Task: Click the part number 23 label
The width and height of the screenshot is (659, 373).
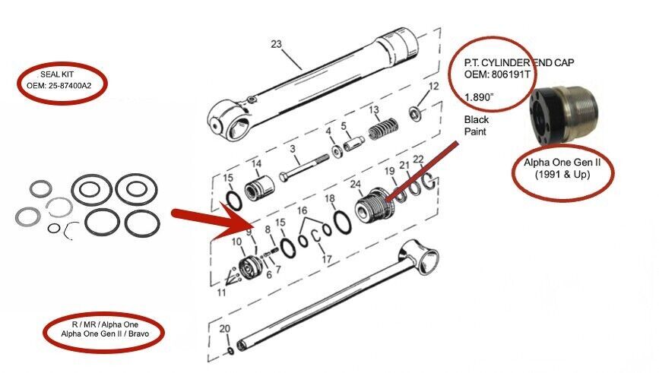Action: click(276, 44)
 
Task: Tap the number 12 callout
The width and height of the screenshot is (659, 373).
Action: click(434, 86)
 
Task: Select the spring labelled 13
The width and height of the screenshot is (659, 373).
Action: click(383, 131)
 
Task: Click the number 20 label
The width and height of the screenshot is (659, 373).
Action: click(223, 328)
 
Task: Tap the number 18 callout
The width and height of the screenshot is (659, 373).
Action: click(329, 199)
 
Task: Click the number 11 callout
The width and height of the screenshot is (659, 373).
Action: click(222, 291)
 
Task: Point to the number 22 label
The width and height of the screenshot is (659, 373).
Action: click(417, 159)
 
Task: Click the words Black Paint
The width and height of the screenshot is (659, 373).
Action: click(477, 125)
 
